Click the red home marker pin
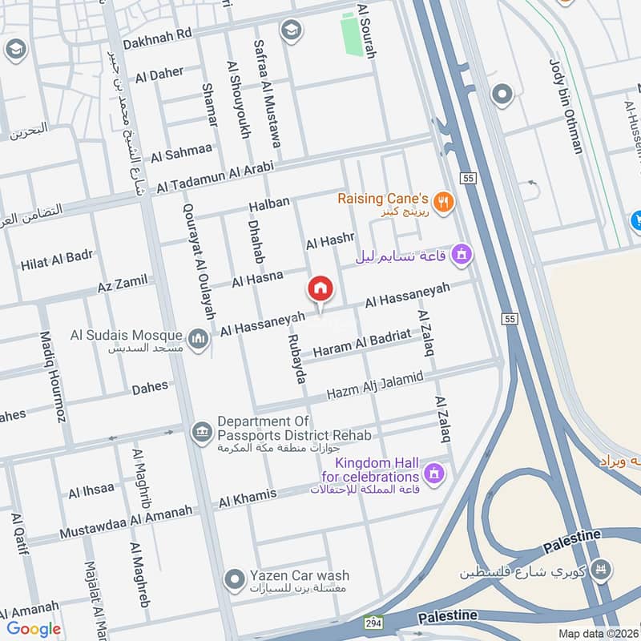click(x=320, y=288)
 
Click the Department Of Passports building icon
click(x=201, y=433)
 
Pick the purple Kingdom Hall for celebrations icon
click(x=435, y=474)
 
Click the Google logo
click(x=34, y=629)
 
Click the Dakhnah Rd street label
click(x=158, y=35)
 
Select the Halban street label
click(x=268, y=204)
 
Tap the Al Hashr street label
click(x=329, y=240)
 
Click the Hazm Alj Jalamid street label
click(x=374, y=386)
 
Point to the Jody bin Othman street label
click(x=565, y=105)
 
